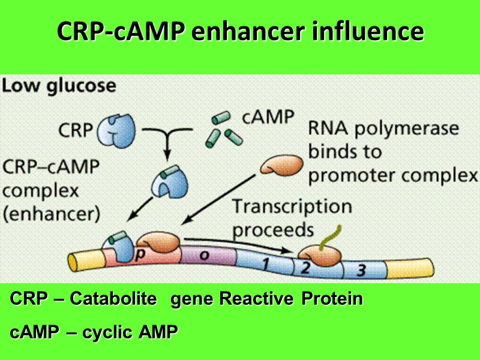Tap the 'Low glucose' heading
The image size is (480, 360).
[59, 86]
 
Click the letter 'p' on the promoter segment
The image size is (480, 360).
[139, 254]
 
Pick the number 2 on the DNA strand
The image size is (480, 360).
[305, 268]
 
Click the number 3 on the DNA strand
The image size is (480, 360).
[361, 271]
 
